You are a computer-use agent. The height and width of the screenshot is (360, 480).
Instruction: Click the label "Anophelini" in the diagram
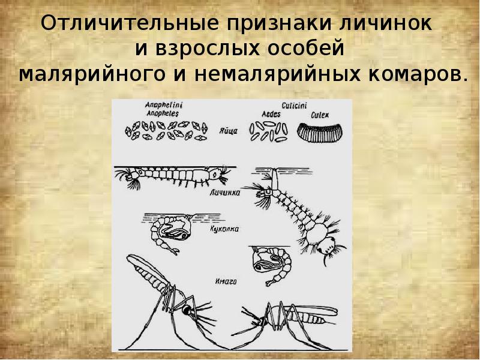tap(164, 104)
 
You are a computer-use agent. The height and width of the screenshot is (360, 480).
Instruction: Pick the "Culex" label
tap(320, 114)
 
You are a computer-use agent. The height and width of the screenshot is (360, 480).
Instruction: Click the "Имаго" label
tap(224, 280)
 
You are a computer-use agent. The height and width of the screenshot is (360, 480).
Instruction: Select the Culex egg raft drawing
tap(321, 131)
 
